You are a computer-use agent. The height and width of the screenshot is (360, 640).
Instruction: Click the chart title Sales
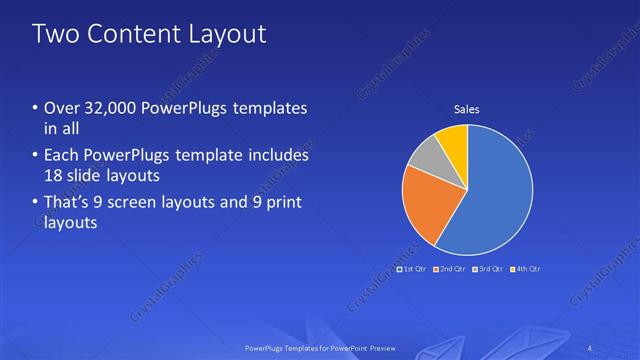tap(467, 108)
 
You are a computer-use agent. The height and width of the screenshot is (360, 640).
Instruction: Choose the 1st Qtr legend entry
tap(414, 269)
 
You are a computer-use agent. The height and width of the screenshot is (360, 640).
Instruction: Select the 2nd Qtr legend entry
tap(450, 269)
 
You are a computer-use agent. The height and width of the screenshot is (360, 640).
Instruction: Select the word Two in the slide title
tap(57, 34)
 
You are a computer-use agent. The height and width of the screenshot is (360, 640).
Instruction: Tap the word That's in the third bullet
tap(66, 203)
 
